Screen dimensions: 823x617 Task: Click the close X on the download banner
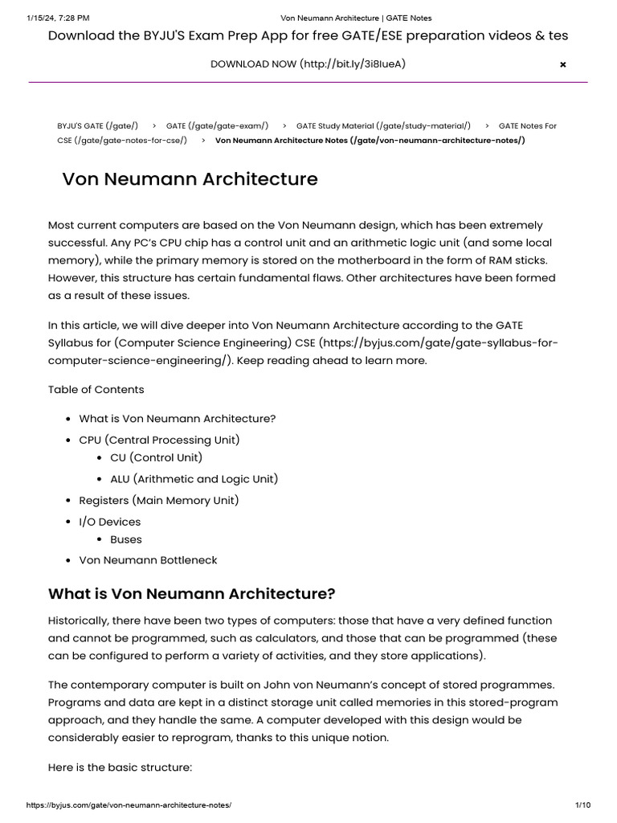(x=562, y=64)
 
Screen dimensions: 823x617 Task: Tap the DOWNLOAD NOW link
(x=308, y=63)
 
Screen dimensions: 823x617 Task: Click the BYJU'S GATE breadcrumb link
(x=97, y=126)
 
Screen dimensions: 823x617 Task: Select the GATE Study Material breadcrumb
(x=383, y=126)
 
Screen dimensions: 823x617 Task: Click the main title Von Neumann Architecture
(x=190, y=179)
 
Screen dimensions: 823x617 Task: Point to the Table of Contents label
(x=96, y=390)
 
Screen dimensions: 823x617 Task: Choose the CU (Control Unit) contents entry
(x=157, y=457)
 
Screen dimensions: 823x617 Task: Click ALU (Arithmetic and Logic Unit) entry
(x=194, y=479)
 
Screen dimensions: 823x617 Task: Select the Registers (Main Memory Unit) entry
(x=159, y=501)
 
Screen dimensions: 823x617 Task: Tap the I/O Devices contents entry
(x=110, y=522)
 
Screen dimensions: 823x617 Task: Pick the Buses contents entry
(x=126, y=539)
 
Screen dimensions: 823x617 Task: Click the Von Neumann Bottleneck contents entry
(x=148, y=560)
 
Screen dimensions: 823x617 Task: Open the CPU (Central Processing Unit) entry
(x=159, y=440)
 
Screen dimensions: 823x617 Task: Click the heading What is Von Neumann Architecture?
(x=191, y=594)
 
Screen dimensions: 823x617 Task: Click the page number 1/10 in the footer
(x=583, y=805)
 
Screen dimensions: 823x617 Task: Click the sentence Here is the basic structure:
(x=121, y=768)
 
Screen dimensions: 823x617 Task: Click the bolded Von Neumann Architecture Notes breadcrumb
(x=370, y=141)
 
